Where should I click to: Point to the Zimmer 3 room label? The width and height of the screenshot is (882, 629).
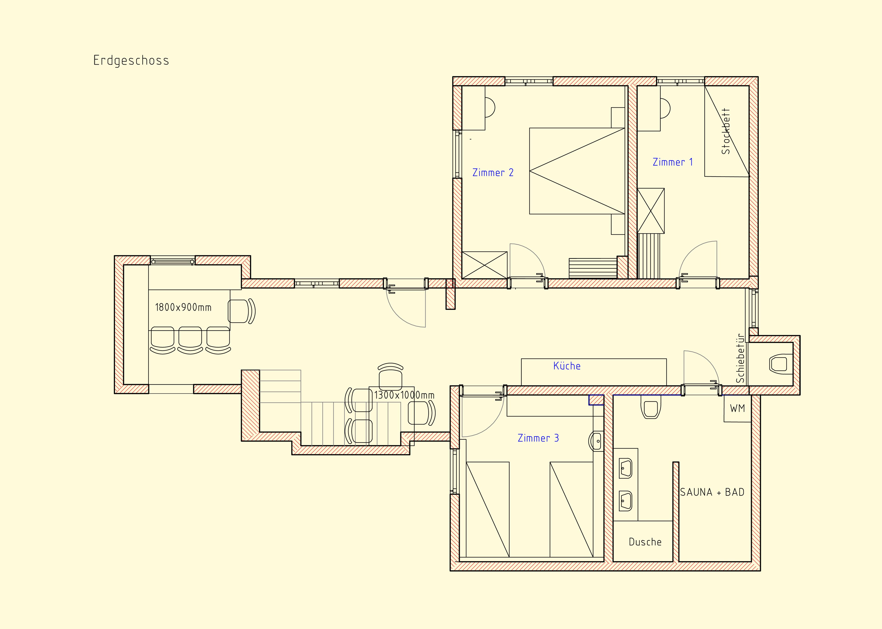coord(538,438)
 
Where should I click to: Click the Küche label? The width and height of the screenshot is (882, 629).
coord(567,366)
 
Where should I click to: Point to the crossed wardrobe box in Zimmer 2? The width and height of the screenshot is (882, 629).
coord(484,265)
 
